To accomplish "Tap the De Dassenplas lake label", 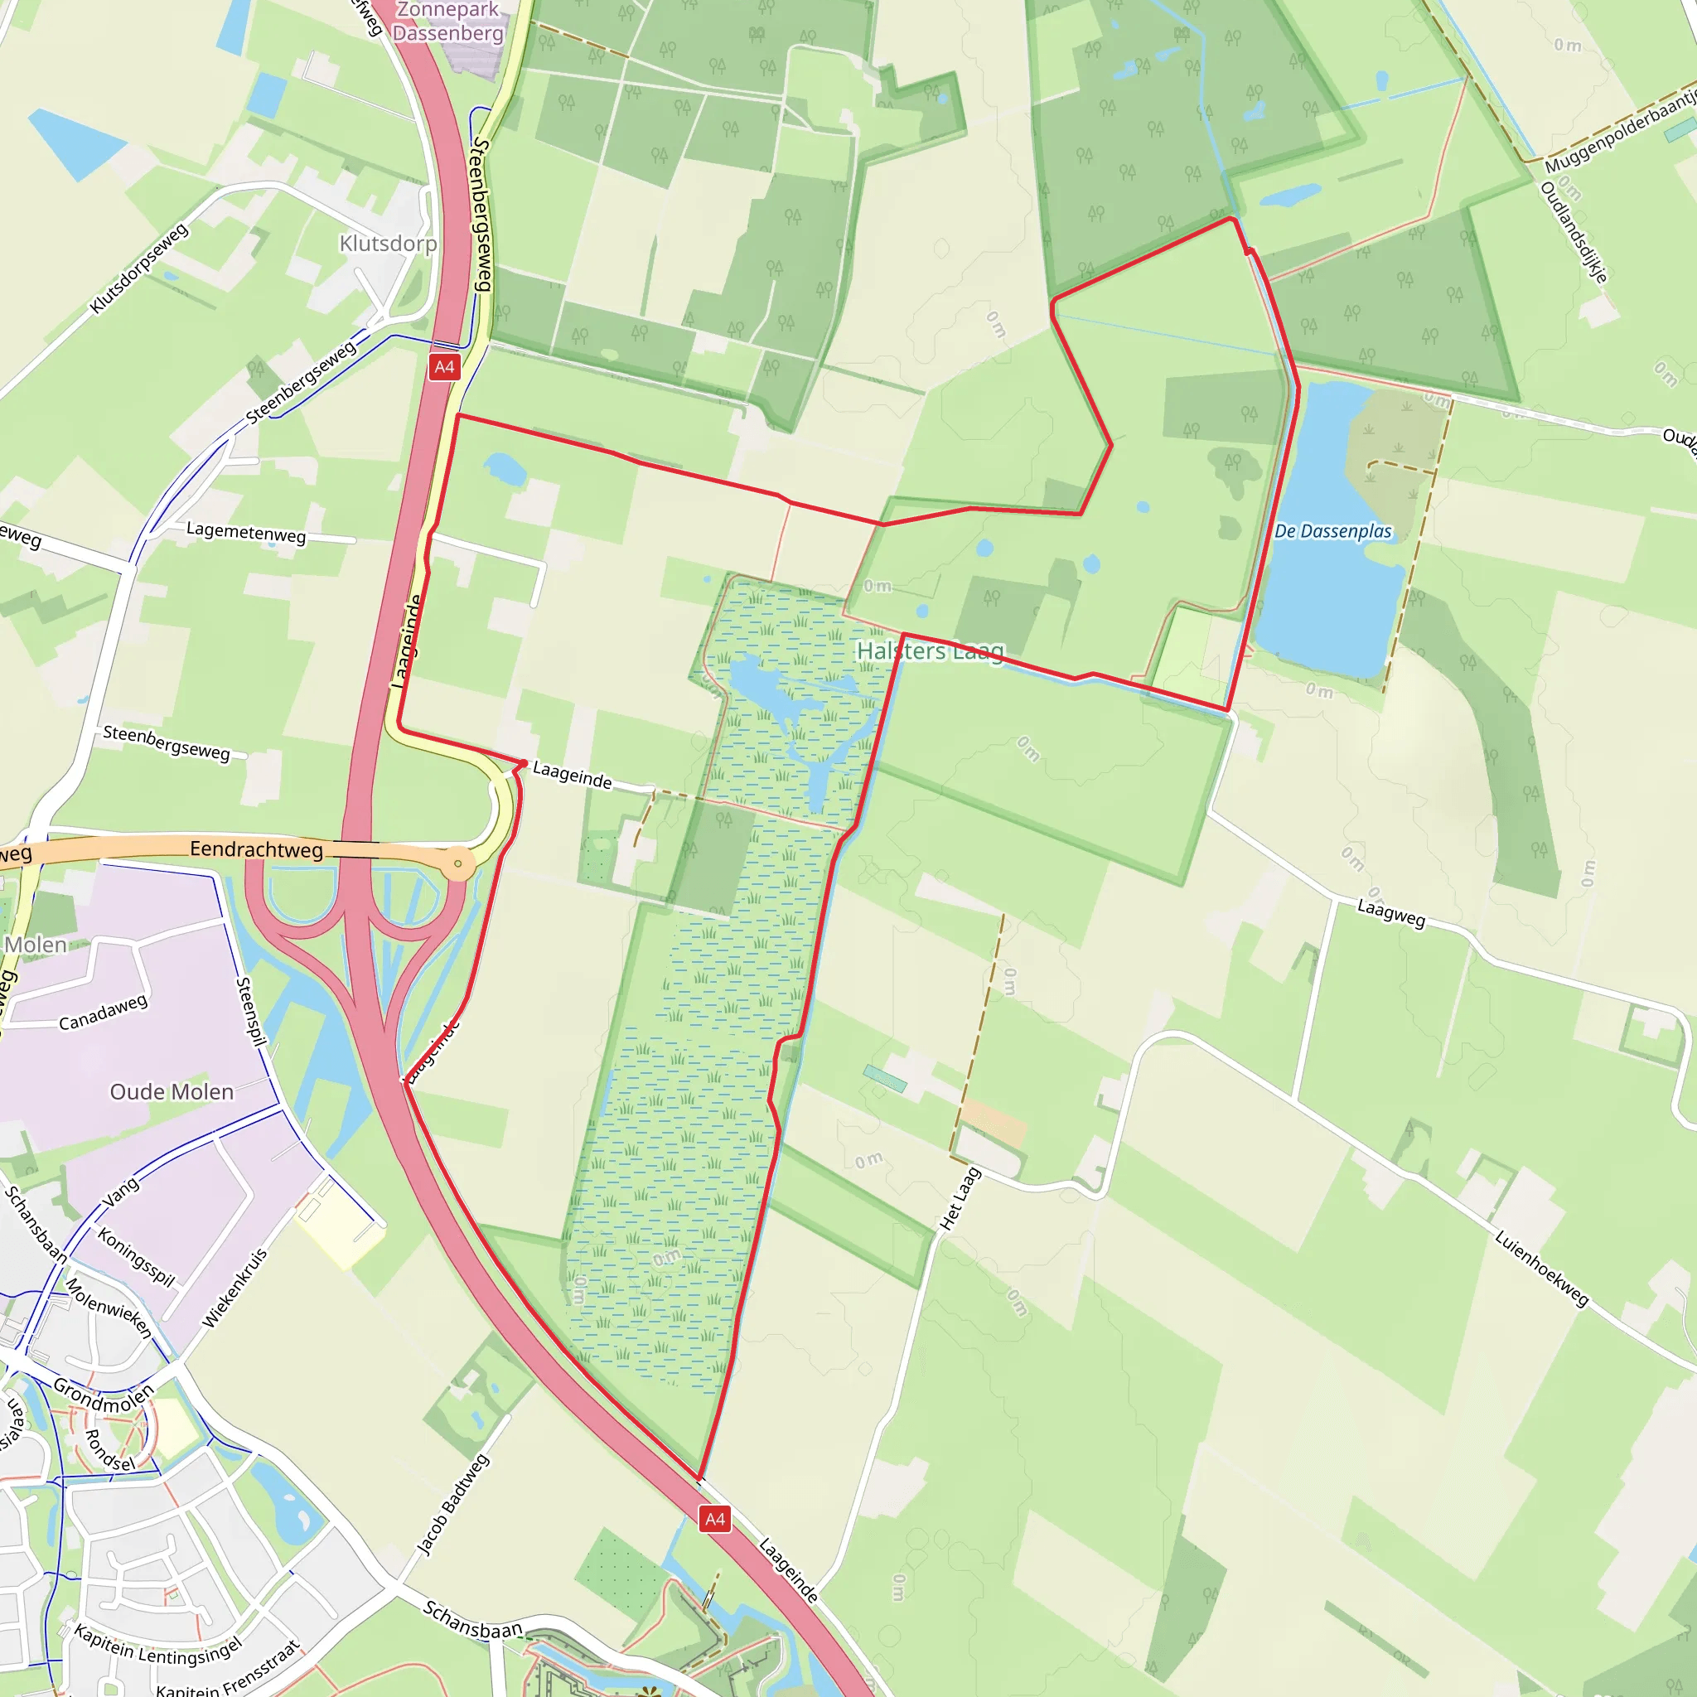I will pos(1332,531).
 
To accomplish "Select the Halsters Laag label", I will pos(931,650).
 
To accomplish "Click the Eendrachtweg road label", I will pos(257,849).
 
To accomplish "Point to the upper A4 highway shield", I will pos(444,367).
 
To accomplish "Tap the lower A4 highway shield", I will pos(715,1519).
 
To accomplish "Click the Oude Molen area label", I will pos(172,1092).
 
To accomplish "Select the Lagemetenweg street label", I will pos(246,532).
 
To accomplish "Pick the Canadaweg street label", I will pos(103,1013).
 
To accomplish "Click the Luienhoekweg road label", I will pos(1541,1269).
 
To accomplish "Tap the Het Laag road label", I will pos(960,1199).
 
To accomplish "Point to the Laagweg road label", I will pos(1391,912).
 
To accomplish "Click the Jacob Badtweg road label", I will pos(452,1506).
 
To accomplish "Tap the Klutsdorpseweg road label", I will pos(140,268).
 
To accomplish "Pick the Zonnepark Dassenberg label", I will pos(448,22).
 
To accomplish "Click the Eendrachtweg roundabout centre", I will pos(457,864).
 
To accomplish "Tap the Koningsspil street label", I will pos(136,1257).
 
